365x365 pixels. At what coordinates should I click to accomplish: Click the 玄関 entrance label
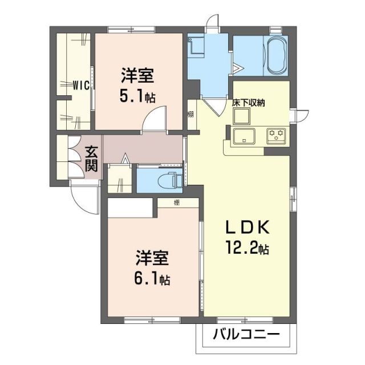(x=92, y=160)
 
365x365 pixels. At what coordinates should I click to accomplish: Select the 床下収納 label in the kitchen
(x=248, y=103)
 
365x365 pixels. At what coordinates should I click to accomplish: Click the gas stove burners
(x=278, y=136)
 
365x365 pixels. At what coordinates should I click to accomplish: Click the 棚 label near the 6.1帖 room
(x=177, y=202)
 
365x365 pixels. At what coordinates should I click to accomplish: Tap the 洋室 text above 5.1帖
(x=137, y=75)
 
